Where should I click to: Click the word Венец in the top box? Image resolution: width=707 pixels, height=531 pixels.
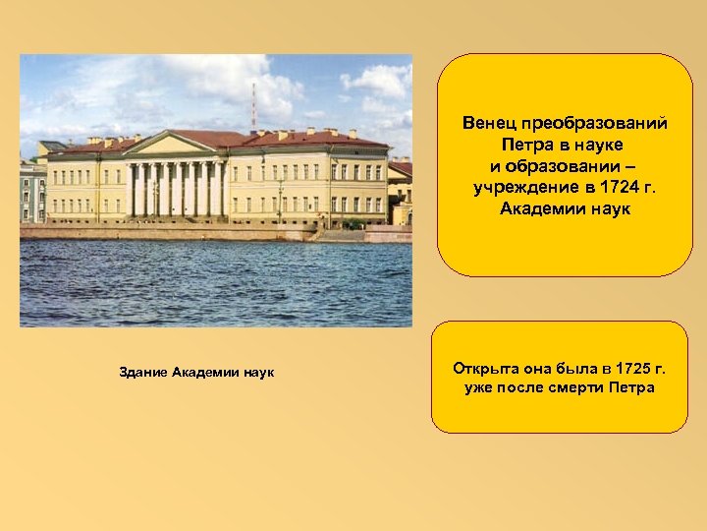point(490,125)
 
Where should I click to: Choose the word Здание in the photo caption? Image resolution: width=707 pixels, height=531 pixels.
point(142,372)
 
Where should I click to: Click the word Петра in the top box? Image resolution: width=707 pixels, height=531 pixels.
point(528,144)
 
